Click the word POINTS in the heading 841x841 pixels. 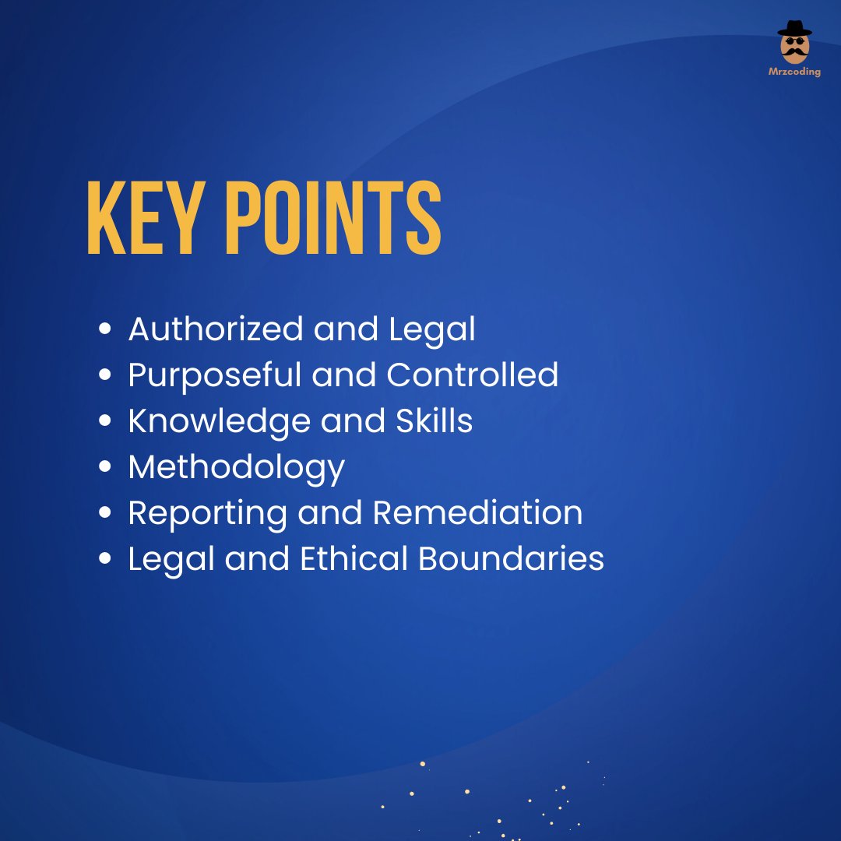333,219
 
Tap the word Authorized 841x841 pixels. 215,329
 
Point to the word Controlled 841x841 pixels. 473,375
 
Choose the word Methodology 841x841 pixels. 236,468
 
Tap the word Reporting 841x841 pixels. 206,514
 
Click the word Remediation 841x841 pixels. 477,513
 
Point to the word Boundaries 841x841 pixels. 511,559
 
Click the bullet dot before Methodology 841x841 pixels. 105,468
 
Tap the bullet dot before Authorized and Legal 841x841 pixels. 105,329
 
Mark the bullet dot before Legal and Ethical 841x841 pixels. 105,560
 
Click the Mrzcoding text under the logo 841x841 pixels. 794,72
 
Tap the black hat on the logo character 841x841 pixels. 794,28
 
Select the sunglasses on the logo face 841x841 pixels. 794,41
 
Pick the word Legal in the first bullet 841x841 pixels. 432,329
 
